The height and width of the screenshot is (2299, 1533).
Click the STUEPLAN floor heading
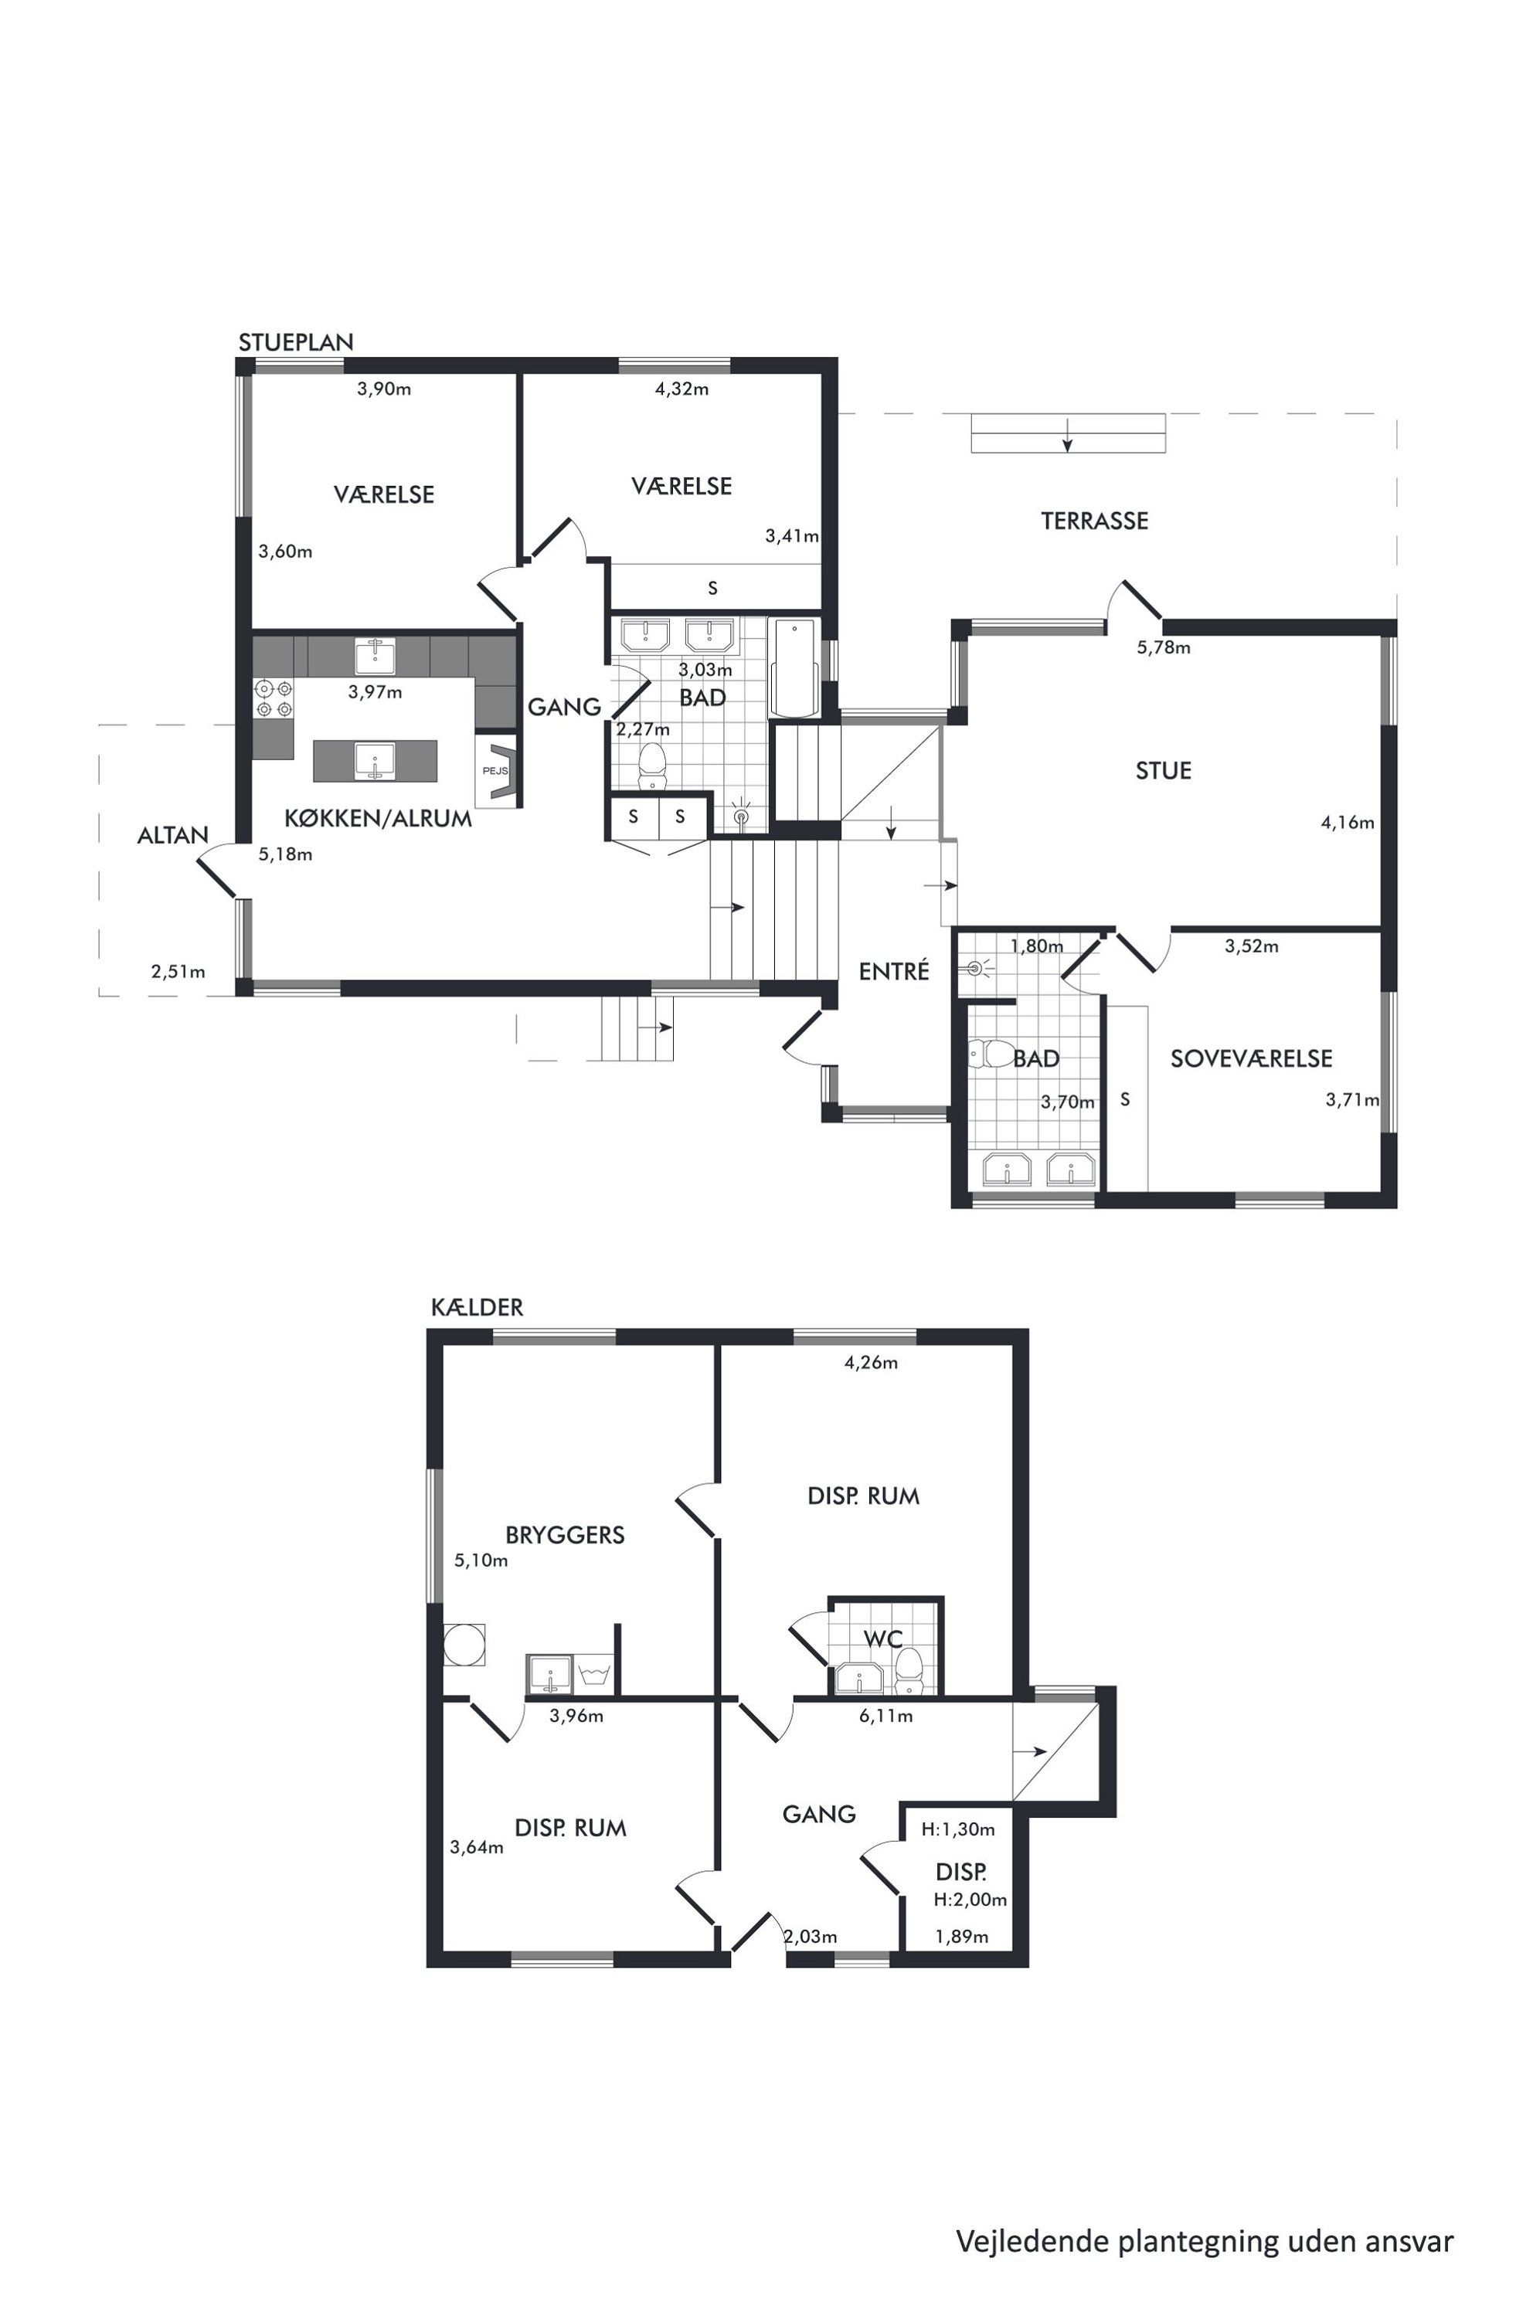(x=296, y=342)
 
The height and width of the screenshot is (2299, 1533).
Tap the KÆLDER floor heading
(x=477, y=1307)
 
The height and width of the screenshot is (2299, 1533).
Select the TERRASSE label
(x=1094, y=521)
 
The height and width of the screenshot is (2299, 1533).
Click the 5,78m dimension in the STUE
(x=1164, y=647)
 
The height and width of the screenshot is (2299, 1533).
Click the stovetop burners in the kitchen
(x=274, y=698)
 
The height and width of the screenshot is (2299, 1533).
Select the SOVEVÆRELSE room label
(x=1252, y=1058)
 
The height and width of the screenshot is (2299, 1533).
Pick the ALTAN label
(x=173, y=835)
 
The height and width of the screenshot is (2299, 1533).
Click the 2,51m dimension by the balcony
(x=178, y=972)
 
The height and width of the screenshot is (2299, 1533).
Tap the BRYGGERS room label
(x=565, y=1535)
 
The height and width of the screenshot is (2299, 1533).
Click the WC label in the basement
(x=883, y=1639)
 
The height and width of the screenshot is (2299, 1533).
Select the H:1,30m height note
(x=958, y=1829)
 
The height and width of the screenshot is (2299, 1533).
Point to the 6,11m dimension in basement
(x=885, y=1716)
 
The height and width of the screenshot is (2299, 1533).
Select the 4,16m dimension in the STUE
(x=1348, y=822)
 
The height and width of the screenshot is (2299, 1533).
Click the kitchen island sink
(x=375, y=760)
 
